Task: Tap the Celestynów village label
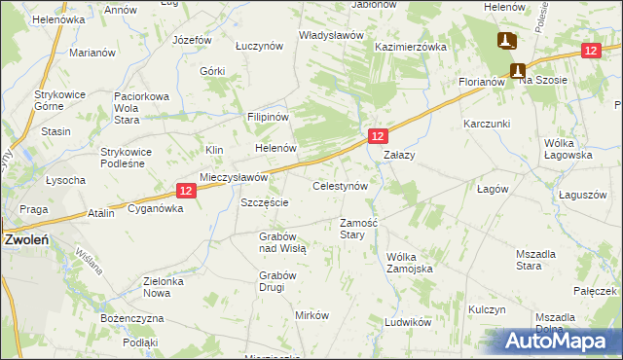point(340,185)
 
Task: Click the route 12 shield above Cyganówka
point(189,192)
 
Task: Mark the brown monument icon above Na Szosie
point(518,69)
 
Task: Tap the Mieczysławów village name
point(234,178)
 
